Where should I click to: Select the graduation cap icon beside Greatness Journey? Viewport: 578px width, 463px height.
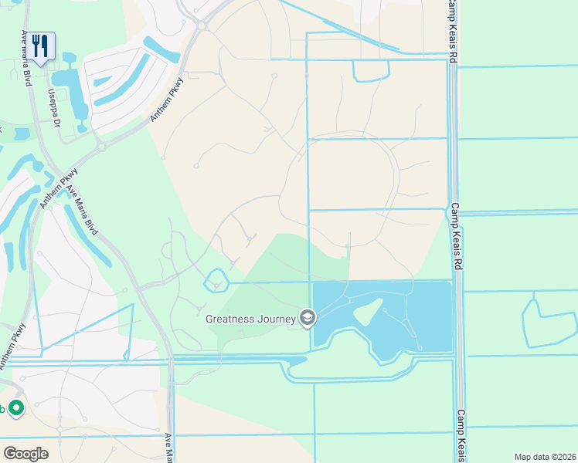308,318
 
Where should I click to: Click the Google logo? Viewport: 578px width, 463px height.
25,453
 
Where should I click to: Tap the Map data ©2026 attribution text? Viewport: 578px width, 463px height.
544,457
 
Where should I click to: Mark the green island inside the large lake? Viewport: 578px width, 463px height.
368,313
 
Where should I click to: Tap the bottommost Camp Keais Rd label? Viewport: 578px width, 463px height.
461,434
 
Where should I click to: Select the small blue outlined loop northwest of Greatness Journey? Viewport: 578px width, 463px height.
216,280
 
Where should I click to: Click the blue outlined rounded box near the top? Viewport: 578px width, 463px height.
371,70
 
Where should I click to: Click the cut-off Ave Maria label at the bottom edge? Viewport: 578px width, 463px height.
168,448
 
